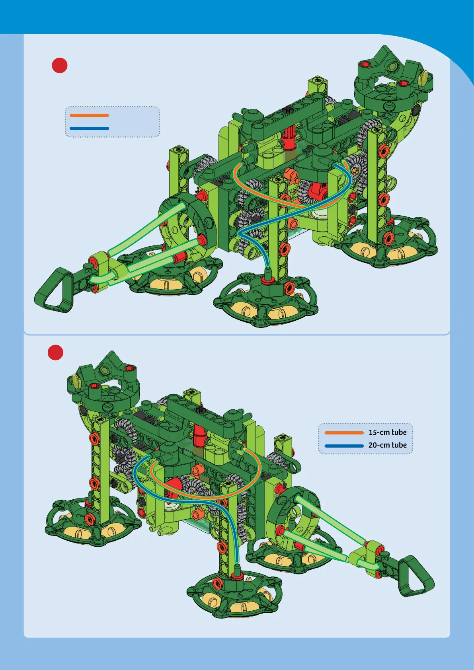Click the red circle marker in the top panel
60,65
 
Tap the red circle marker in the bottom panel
55,353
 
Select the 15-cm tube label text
387,432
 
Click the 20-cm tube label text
387,445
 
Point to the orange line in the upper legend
89,115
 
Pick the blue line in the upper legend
89,129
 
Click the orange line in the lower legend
344,433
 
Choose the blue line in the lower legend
344,446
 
